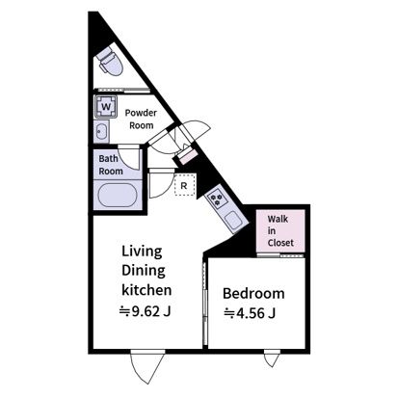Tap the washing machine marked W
pyautogui.click(x=105, y=106)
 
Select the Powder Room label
pyautogui.click(x=141, y=119)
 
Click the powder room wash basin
pyautogui.click(x=102, y=131)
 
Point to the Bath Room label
pyautogui.click(x=111, y=165)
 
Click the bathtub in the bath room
pyautogui.click(x=118, y=196)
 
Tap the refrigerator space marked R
pyautogui.click(x=184, y=185)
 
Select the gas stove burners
pyautogui.click(x=216, y=199)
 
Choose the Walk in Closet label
pyautogui.click(x=280, y=231)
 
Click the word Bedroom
pyautogui.click(x=253, y=294)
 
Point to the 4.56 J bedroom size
pyautogui.click(x=250, y=313)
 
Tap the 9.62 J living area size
pyautogui.click(x=145, y=311)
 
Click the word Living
pyautogui.click(x=142, y=252)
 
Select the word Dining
pyautogui.click(x=144, y=271)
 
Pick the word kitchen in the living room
pyautogui.click(x=146, y=290)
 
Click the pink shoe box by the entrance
pyautogui.click(x=188, y=156)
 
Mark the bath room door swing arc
pyautogui.click(x=130, y=157)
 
